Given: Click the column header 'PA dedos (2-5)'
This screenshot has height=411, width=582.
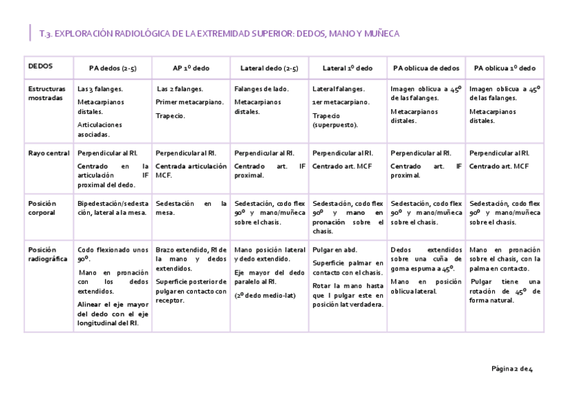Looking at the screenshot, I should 113,69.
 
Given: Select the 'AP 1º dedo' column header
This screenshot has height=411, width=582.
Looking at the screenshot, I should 191,69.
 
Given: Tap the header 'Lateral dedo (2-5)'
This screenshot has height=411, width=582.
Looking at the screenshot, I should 269,69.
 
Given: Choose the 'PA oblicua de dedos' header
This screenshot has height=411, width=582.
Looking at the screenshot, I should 426,69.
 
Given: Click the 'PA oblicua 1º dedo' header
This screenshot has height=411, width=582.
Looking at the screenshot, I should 504,69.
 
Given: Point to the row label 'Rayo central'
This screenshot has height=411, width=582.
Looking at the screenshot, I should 46,153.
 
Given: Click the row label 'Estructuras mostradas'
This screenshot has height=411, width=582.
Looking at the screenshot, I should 47,93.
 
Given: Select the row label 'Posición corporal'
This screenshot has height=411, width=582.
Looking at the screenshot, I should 43,208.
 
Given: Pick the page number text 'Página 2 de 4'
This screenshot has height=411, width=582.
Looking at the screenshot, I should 512,369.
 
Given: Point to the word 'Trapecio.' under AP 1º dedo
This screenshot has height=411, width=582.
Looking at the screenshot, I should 170,116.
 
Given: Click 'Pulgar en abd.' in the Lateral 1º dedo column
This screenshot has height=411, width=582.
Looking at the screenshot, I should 334,250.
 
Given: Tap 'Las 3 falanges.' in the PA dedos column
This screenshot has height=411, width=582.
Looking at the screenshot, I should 100,89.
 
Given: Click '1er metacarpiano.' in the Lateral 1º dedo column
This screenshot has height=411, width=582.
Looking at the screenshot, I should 340,102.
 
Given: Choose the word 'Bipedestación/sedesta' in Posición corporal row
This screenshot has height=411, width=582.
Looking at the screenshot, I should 113,204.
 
